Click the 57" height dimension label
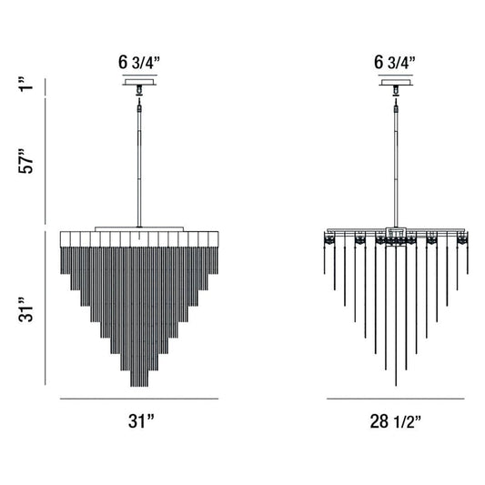click(25, 161)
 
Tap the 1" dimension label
click(26, 84)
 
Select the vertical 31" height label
click(25, 310)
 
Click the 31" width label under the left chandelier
click(141, 421)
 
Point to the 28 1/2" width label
click(395, 421)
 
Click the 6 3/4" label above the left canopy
click(139, 63)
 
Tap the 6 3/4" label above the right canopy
click(395, 63)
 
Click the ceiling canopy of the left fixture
click(139, 82)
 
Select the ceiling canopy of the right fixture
click(396, 82)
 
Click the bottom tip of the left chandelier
click(139, 387)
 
